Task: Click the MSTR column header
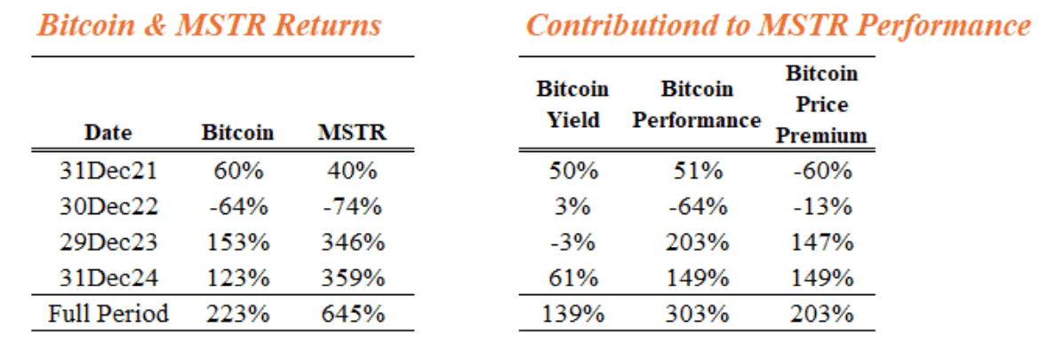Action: tap(352, 134)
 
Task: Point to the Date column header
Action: tap(108, 134)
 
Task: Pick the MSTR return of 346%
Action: tap(352, 243)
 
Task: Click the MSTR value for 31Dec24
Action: tap(352, 278)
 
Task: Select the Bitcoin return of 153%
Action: tap(237, 243)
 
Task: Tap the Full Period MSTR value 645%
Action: tap(352, 314)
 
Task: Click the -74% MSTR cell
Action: tap(352, 208)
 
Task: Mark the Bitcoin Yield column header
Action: tap(572, 105)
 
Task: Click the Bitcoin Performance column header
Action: tap(697, 105)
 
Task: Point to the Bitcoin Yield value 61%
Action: tap(572, 278)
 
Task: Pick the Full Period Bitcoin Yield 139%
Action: tap(572, 314)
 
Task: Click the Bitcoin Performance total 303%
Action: tap(697, 314)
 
